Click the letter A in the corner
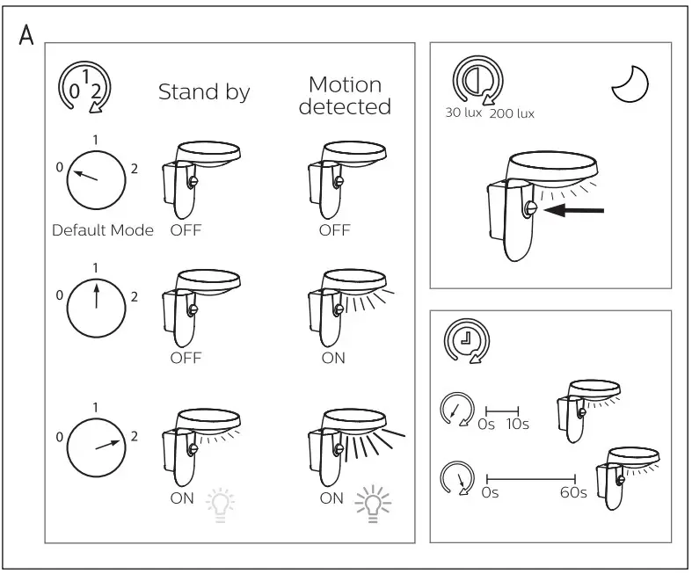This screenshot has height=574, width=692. coord(26,35)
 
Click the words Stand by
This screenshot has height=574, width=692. coord(204,91)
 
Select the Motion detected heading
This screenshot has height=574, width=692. coord(345,95)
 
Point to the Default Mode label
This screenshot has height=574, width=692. coord(103,230)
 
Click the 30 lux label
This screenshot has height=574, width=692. coord(463,113)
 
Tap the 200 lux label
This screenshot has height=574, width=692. coord(512,113)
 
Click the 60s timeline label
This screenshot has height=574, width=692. coord(573,492)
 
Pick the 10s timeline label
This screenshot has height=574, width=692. coord(517,424)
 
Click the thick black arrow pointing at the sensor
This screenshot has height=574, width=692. coord(573,210)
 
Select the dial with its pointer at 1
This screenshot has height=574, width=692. coord(96,308)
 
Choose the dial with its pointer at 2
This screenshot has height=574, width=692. coord(96,447)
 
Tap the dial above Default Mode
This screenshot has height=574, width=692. coord(96,180)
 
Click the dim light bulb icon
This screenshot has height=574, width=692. coord(220,505)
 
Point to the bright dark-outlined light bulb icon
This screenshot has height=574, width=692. coord(374,504)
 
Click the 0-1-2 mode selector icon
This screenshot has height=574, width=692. coord(84,87)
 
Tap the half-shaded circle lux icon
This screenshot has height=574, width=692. coord(477,81)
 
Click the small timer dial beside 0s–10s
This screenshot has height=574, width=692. coord(456,410)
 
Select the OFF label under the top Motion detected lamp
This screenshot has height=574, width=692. coord(334,230)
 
